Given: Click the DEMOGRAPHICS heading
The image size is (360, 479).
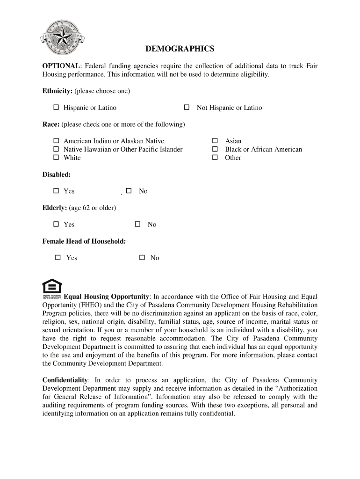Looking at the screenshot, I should [x=180, y=49].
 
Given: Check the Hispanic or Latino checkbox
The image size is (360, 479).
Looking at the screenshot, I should [x=56, y=108].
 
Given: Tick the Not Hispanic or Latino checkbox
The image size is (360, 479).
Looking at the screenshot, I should [x=187, y=108].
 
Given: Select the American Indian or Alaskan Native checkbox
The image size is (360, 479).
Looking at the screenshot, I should [x=56, y=141].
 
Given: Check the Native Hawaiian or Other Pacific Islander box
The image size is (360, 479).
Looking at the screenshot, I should [x=56, y=149].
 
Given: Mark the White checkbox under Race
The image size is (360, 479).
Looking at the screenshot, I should [x=56, y=158].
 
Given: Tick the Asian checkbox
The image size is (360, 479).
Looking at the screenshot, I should [x=215, y=141].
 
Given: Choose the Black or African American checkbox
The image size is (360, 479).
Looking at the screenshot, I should [x=215, y=149].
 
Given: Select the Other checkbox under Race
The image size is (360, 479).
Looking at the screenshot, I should [x=215, y=158].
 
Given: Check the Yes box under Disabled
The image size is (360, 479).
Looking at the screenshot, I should [x=56, y=191].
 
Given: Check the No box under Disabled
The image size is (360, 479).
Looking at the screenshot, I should [x=129, y=191].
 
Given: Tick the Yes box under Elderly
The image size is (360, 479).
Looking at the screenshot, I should [x=56, y=225].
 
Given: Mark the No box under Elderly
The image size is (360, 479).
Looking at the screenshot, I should [x=138, y=225].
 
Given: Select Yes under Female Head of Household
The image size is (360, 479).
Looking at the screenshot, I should [x=58, y=258].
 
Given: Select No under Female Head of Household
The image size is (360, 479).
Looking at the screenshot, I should [x=142, y=258].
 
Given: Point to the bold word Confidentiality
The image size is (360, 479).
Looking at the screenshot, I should [x=65, y=380].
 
